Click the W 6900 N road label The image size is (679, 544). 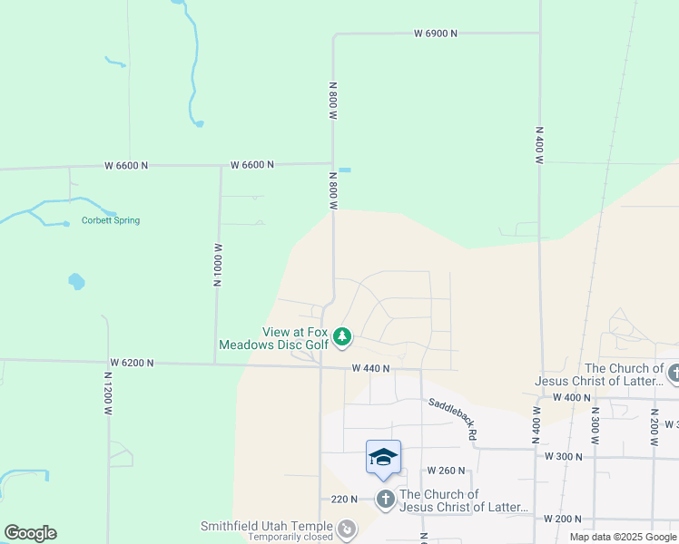pos(436,34)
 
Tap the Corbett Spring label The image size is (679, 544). pos(111,220)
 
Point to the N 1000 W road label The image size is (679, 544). pos(218,265)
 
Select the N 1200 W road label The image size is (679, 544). pos(107,397)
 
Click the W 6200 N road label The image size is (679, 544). pos(132,363)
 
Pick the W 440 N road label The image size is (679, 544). pos(370,369)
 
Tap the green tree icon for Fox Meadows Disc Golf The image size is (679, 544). pos(341,338)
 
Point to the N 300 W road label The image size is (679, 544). pos(595,424)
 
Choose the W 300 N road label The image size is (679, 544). pos(563,456)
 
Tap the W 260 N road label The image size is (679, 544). pos(447,471)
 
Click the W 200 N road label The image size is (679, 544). pos(563,519)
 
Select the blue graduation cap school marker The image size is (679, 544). pos(383,456)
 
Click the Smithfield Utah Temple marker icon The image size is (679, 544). pos(346,528)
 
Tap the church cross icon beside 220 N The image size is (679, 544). pos(385,499)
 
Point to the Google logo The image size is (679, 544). pos(30,533)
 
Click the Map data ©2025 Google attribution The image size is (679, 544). pos(623,537)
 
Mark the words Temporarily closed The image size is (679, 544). pos(290,538)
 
